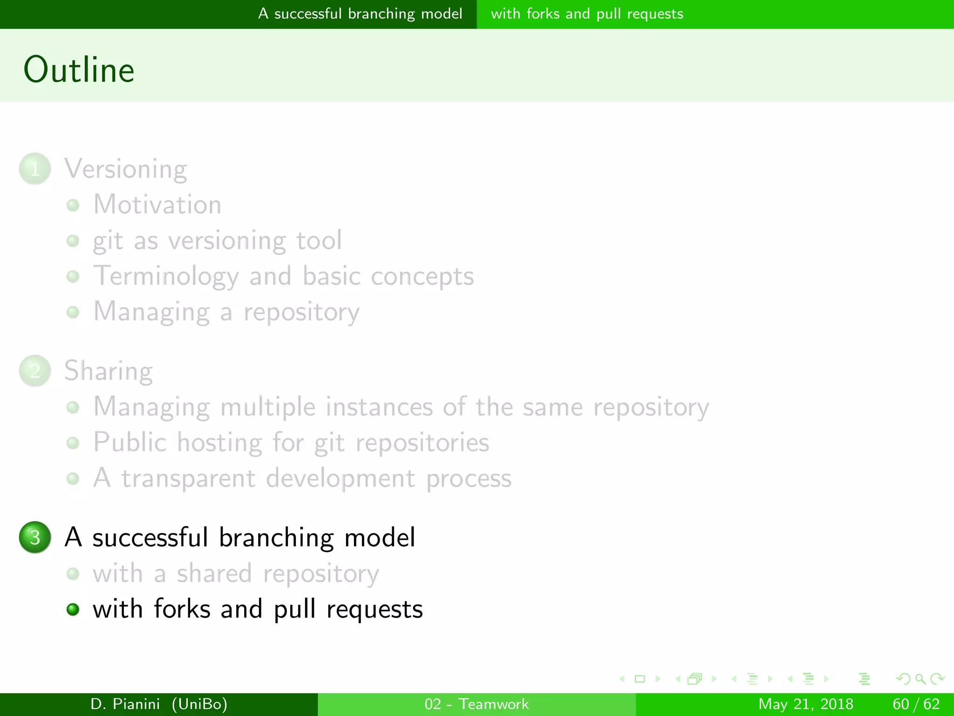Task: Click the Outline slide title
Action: (x=79, y=70)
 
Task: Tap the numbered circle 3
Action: (x=35, y=537)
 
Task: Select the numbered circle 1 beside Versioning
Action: (x=35, y=169)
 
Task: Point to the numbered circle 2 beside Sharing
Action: (x=35, y=371)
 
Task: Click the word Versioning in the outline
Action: (x=126, y=169)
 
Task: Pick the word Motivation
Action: (x=157, y=205)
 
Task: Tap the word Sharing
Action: (x=109, y=372)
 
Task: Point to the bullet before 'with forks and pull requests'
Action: (x=73, y=609)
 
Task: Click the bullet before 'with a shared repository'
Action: (x=73, y=573)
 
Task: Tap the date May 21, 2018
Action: (x=806, y=704)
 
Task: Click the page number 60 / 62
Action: (x=916, y=704)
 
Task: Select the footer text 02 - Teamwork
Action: (x=477, y=704)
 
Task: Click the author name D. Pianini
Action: (x=125, y=704)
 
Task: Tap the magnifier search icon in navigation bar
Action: (x=920, y=679)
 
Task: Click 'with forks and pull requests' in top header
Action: (x=587, y=14)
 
